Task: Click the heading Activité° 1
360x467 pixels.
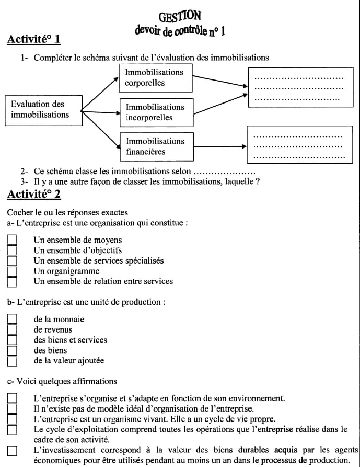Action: tap(34, 39)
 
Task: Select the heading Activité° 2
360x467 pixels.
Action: tap(34, 194)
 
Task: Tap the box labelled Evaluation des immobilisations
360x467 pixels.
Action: tap(44, 110)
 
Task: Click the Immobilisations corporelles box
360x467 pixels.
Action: tap(156, 77)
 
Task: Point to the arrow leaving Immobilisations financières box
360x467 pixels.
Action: tap(219, 146)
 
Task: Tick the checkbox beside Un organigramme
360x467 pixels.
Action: tap(12, 271)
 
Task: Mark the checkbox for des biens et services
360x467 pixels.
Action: tap(12, 340)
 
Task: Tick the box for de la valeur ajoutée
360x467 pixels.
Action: tap(12, 361)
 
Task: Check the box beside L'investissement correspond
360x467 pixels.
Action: tap(12, 450)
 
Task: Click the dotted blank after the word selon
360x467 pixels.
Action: tap(224, 172)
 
